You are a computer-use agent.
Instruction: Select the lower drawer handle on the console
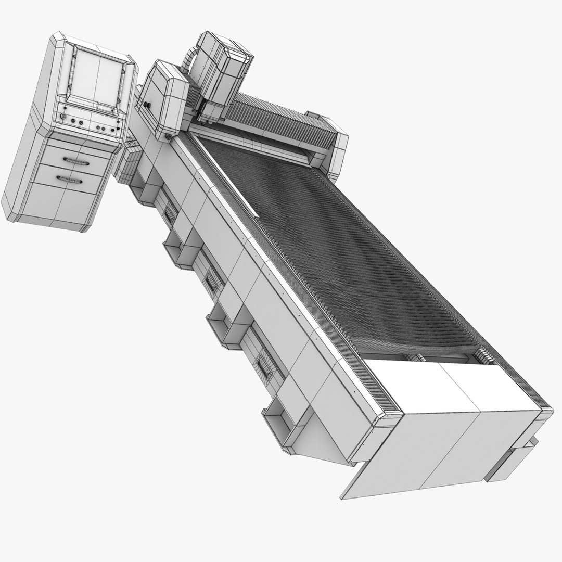70,180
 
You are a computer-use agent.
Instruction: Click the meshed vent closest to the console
169,211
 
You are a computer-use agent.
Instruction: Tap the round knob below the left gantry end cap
168,137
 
